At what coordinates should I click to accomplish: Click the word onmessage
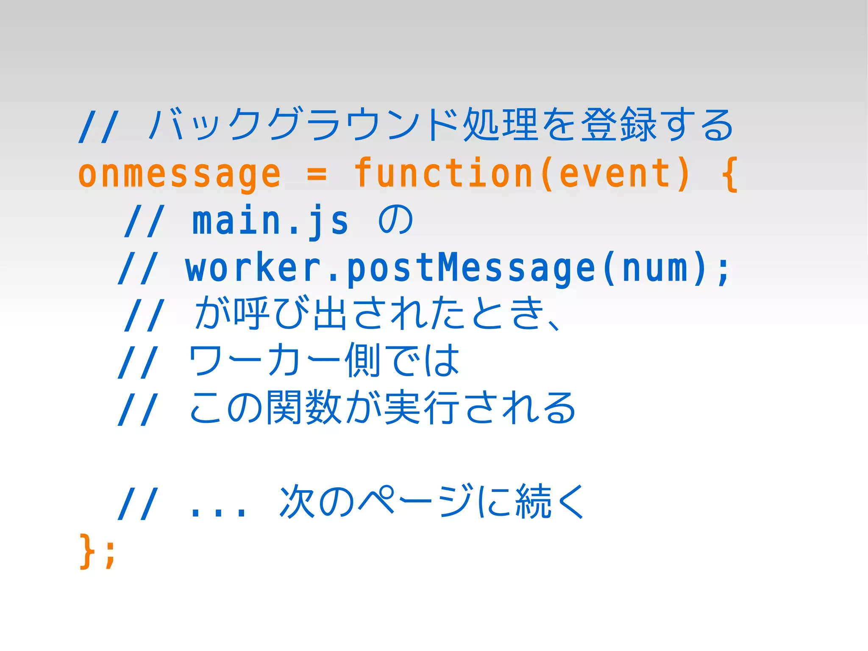pos(179,174)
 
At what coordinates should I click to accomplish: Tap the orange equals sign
pos(317,174)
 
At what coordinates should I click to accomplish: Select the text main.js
pos(270,221)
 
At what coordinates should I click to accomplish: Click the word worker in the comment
pos(253,268)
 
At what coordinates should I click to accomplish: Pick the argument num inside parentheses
pos(654,268)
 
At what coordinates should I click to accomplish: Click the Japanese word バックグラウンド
pos(303,124)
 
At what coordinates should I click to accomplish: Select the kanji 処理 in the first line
pos(501,124)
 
